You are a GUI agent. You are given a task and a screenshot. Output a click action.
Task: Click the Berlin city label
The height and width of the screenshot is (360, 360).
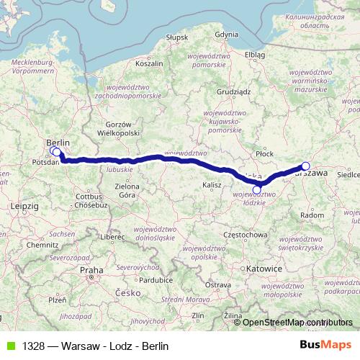(x=58, y=143)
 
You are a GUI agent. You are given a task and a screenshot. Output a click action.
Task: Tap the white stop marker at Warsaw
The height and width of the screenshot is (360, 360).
(x=305, y=166)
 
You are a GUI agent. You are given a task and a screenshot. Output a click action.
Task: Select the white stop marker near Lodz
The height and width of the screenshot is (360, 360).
(x=257, y=189)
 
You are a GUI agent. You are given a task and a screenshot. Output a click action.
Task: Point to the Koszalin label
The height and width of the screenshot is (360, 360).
(x=150, y=63)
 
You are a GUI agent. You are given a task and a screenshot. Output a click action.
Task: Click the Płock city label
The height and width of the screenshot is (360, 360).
(x=265, y=153)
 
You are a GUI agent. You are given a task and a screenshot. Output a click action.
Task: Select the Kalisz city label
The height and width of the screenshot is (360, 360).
(x=212, y=185)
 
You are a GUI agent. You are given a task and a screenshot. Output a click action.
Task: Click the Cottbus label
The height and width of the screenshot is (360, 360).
(x=91, y=195)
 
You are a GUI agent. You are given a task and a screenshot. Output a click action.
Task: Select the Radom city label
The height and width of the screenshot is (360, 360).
(x=312, y=215)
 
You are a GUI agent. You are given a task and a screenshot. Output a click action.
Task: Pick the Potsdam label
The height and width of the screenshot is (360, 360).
(x=45, y=163)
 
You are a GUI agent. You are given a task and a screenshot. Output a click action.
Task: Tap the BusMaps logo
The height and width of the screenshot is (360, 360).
(x=331, y=346)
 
